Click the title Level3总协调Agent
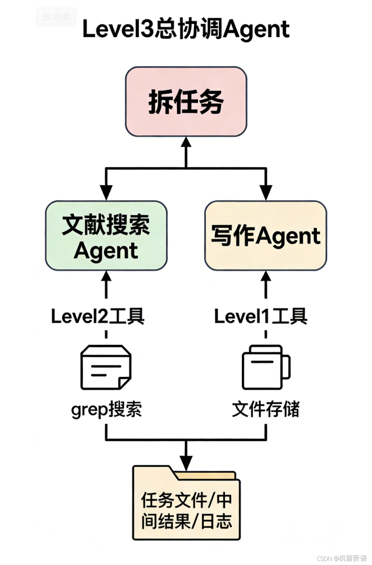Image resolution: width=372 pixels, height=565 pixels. pos(185,30)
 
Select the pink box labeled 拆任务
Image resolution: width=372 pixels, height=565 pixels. pos(185,102)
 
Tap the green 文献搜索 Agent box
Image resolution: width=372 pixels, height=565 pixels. pos(106,236)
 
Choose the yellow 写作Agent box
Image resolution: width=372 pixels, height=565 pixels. pos(265,236)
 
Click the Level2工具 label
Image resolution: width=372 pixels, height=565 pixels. pos(98,316)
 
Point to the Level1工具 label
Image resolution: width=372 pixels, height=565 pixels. pos(260,316)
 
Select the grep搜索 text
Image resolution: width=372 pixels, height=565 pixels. pos(106,409)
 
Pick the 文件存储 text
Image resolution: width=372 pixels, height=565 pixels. pos(265,409)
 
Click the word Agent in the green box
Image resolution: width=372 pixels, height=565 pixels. pos(106,250)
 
